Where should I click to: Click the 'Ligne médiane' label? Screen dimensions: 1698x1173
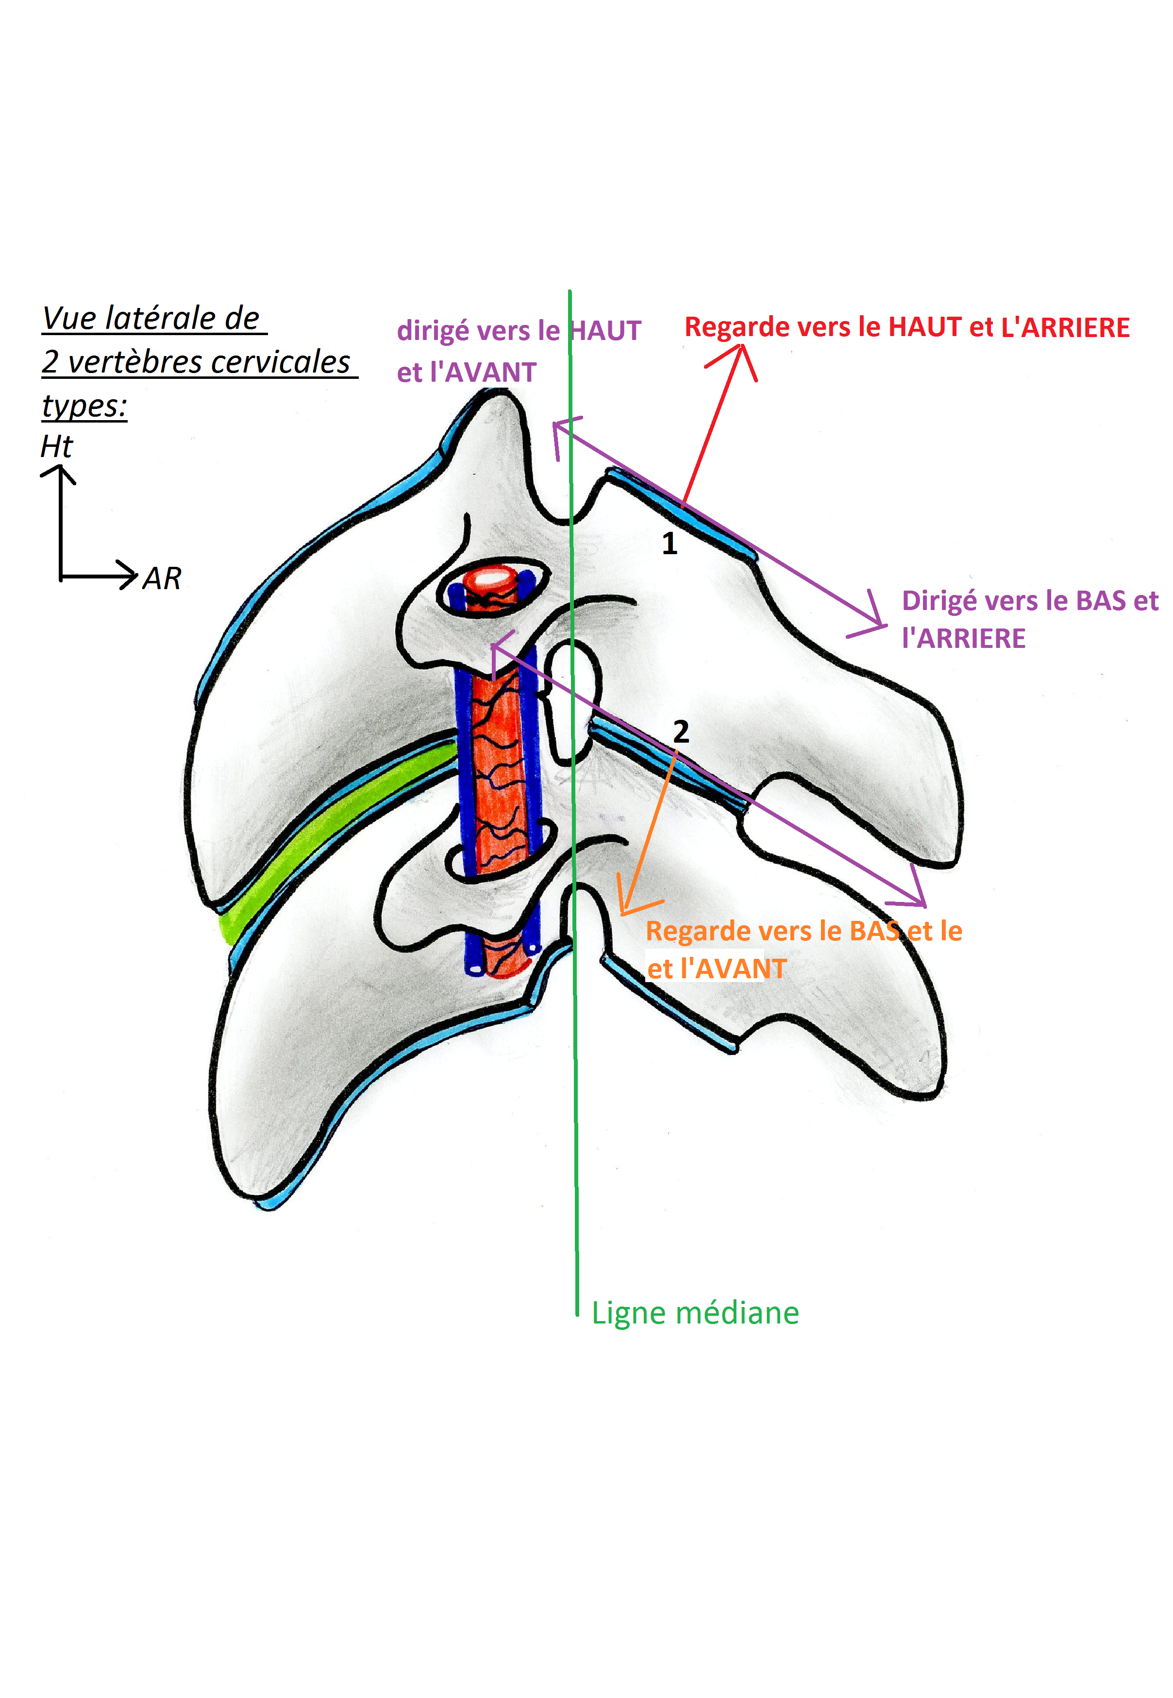[x=695, y=1313]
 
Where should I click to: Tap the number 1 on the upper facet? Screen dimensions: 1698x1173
[x=669, y=544]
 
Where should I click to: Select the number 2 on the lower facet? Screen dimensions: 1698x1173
[x=681, y=731]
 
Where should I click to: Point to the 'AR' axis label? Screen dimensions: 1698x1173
[x=162, y=578]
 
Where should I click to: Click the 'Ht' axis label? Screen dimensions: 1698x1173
[x=57, y=447]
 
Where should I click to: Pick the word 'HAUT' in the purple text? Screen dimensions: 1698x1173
[x=605, y=332]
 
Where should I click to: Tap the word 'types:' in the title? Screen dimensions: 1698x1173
[x=84, y=406]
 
